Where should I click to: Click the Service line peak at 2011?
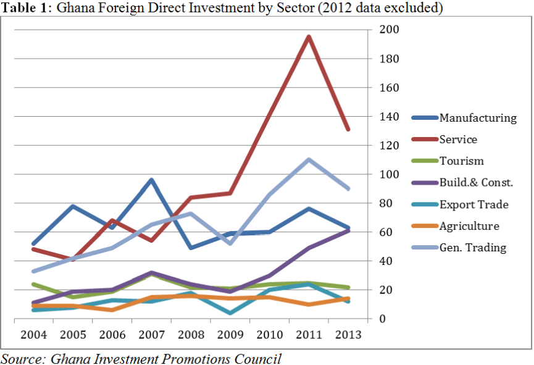coord(309,37)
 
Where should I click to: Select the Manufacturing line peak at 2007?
coord(151,180)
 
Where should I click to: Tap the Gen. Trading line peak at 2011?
coord(309,159)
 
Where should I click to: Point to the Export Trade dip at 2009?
coord(230,313)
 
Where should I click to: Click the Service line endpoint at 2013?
coord(348,130)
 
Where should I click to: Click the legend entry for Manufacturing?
coord(477,118)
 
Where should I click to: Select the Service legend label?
coord(458,140)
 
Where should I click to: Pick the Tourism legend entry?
coord(461,161)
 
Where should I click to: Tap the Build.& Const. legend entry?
coord(476,183)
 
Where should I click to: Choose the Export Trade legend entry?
coord(474,204)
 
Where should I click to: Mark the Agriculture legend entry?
coord(469,226)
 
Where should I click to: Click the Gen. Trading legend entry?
coord(472,248)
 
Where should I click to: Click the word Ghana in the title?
coord(74,9)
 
